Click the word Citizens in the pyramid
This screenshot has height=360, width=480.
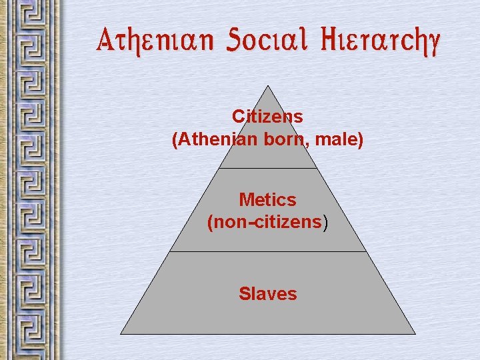267,117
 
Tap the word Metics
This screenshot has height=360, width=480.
267,199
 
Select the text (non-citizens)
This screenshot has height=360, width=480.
267,223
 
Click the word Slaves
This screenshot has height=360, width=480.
267,293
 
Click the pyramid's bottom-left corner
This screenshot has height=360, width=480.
121,333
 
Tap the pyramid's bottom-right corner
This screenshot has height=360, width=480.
415,333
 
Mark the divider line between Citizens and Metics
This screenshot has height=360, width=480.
267,168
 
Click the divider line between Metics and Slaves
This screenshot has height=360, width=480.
267,251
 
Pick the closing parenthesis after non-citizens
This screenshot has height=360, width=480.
325,223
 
